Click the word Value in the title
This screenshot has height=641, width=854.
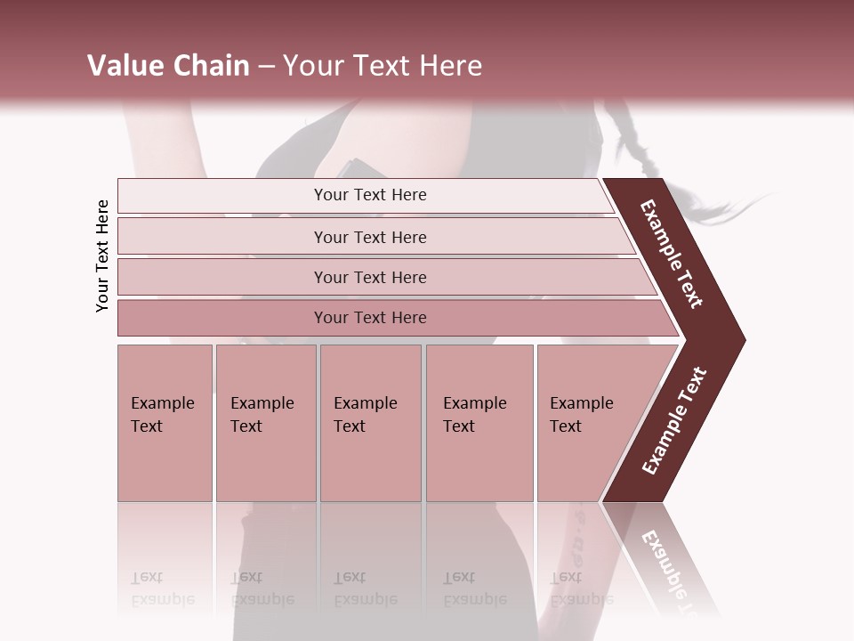coord(124,66)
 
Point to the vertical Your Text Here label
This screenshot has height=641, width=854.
coord(103,256)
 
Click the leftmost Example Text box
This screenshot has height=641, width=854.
coord(165,422)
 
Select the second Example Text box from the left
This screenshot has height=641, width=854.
coord(266,422)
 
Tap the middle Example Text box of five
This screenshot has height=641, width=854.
coord(370,422)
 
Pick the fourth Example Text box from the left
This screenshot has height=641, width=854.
coord(479,422)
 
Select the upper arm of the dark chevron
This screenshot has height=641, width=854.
coord(673,254)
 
